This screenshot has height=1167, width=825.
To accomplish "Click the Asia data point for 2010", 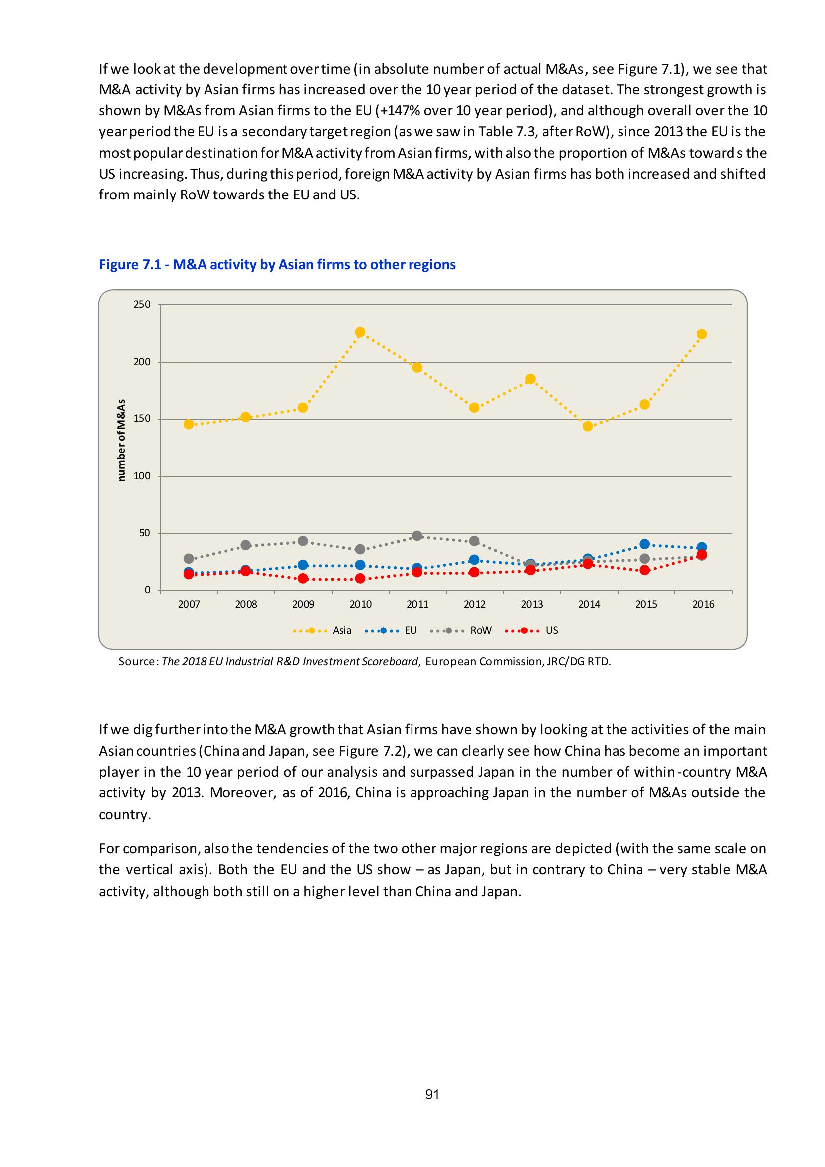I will tap(360, 333).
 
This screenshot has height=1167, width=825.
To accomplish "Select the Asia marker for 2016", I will tap(702, 334).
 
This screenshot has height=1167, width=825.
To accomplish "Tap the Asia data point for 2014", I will tap(588, 426).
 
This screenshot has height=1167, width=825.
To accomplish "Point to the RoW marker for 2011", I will tap(417, 535).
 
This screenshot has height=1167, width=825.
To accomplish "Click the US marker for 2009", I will tap(303, 578).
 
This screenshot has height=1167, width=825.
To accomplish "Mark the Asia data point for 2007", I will tap(189, 424).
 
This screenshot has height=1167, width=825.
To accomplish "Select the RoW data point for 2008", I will tap(246, 545).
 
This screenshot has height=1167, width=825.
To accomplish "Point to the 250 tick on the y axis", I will tap(142, 304).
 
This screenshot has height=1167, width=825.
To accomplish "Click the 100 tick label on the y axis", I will tap(142, 476).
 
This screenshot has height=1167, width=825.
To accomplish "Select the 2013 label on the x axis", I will tap(532, 605).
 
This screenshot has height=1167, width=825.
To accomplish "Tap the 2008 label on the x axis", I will tap(246, 605).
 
